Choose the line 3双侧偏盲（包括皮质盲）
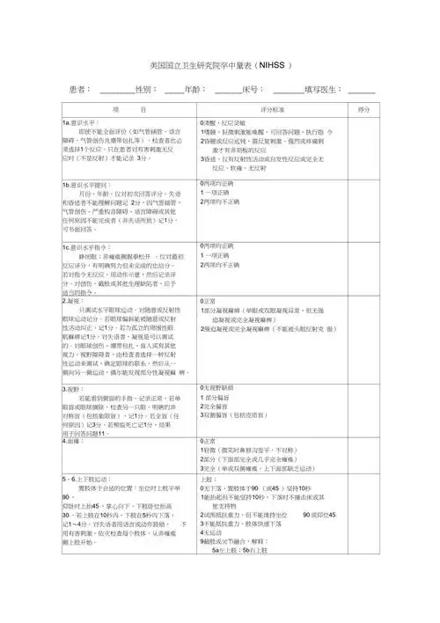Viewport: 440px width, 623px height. [242, 414]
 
